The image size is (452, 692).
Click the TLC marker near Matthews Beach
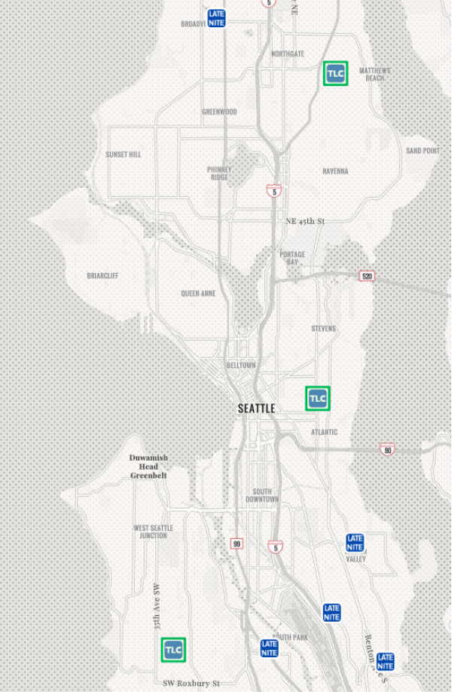pyautogui.click(x=335, y=73)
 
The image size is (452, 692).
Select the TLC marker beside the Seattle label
pyautogui.click(x=317, y=398)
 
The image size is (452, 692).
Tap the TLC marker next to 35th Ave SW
pyautogui.click(x=173, y=649)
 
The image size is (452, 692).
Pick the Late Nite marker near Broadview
pyautogui.click(x=217, y=18)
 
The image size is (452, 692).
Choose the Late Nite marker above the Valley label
pyautogui.click(x=355, y=543)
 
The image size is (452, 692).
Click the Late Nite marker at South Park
pyautogui.click(x=270, y=648)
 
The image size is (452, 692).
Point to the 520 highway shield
pyautogui.click(x=367, y=276)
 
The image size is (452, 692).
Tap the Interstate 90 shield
pyautogui.click(x=387, y=450)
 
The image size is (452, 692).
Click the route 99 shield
pyautogui.click(x=237, y=543)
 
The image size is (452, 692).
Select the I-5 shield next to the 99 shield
pyautogui.click(x=276, y=547)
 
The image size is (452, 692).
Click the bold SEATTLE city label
pyautogui.click(x=256, y=409)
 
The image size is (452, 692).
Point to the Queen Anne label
pyautogui.click(x=198, y=293)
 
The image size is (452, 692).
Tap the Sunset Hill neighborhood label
pyautogui.click(x=124, y=155)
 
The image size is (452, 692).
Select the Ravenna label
pyautogui.click(x=335, y=171)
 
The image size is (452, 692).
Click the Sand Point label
pyautogui.click(x=423, y=151)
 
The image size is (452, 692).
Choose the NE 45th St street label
pyautogui.click(x=305, y=221)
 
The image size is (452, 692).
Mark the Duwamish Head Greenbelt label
pyautogui.click(x=148, y=467)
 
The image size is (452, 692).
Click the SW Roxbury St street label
pyautogui.click(x=191, y=683)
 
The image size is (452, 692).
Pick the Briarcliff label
pyautogui.click(x=102, y=276)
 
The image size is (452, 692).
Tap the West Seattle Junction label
pyautogui.click(x=153, y=531)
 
